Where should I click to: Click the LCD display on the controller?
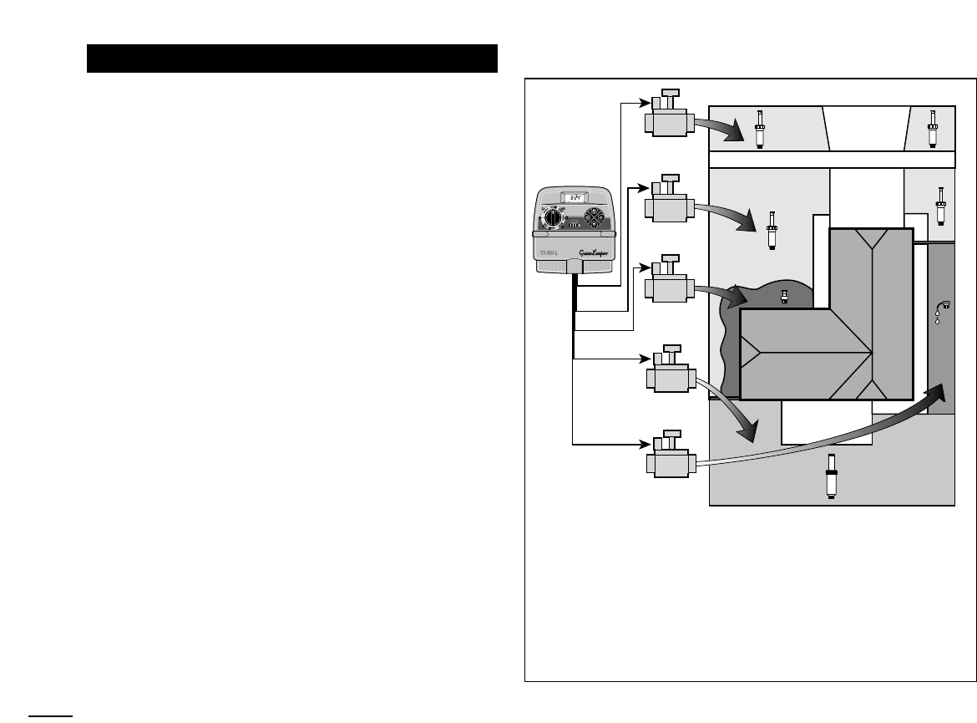coord(574,199)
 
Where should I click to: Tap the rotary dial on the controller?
coord(551,218)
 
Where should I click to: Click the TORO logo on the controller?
coord(549,248)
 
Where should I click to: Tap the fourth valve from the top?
coord(666,373)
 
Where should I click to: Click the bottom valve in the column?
coord(666,458)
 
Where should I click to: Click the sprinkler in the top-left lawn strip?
coord(760,129)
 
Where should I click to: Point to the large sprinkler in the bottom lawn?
coord(831,476)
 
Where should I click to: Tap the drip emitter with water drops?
coord(942,311)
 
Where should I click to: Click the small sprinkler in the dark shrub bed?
coord(783,296)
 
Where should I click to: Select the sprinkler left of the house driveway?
coord(772,229)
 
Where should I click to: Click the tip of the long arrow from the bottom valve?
coord(944,387)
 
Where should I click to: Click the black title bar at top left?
coord(292,59)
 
